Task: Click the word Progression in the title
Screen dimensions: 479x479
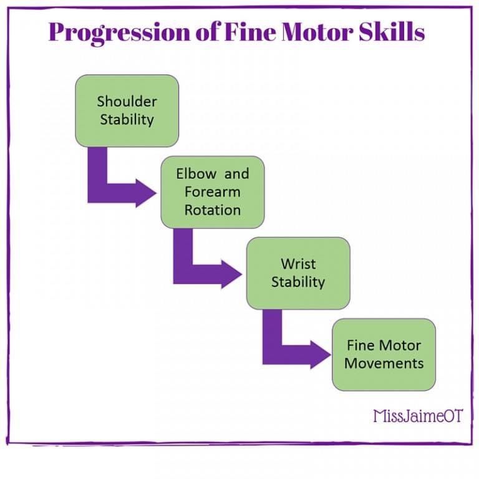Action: tap(119, 33)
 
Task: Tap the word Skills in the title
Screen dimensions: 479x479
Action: tap(392, 31)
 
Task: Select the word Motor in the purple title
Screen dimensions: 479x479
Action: tap(317, 32)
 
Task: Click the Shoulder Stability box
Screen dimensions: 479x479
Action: tap(127, 110)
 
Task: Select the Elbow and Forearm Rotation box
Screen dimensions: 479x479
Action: tap(213, 192)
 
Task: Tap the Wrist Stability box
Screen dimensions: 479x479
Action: tap(298, 273)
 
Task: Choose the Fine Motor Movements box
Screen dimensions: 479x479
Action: tap(384, 355)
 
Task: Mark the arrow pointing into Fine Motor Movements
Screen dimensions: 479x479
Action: tap(279, 355)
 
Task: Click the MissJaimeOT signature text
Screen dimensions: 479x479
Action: tap(419, 416)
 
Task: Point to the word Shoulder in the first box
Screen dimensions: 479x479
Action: tap(127, 102)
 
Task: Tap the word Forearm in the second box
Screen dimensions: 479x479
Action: tap(213, 192)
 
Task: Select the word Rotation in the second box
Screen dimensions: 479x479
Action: tap(213, 210)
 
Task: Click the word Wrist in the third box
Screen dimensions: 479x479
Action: tap(298, 264)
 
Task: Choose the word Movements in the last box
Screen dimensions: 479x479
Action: tap(384, 364)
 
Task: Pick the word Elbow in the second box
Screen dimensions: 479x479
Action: tap(196, 174)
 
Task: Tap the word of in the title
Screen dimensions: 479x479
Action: tap(207, 31)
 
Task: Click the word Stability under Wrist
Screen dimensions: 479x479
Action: tap(298, 283)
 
